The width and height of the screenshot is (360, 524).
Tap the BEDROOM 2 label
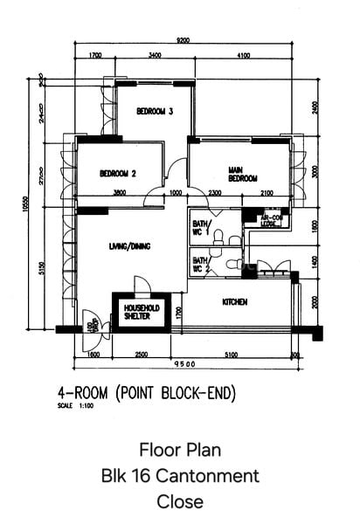tap(117, 173)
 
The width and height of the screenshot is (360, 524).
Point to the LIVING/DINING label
tap(128, 246)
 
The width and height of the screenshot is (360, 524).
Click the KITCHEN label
tap(235, 302)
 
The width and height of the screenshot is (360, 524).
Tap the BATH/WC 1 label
tap(200, 229)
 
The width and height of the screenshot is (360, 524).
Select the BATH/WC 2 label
tap(200, 264)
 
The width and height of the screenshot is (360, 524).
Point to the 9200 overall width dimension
tap(183, 40)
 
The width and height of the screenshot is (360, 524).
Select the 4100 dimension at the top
tap(243, 57)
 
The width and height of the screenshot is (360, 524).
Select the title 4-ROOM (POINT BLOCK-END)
tap(147, 394)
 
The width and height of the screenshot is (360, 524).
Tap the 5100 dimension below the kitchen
tap(228, 355)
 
